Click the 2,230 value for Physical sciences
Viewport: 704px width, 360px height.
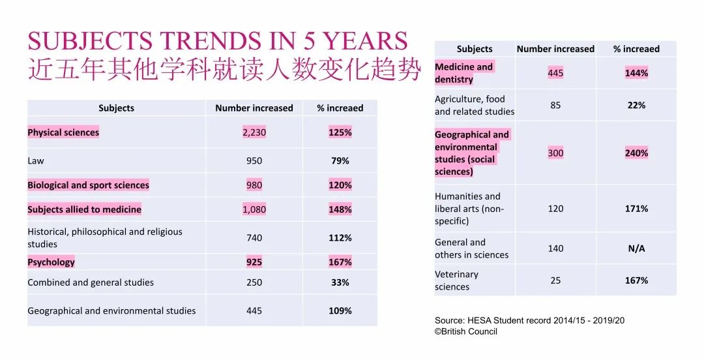(x=254, y=132)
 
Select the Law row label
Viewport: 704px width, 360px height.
(x=36, y=160)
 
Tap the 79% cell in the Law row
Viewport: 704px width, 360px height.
(x=340, y=160)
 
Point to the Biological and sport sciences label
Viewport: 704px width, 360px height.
(x=88, y=185)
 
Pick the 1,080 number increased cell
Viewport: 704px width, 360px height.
(x=254, y=209)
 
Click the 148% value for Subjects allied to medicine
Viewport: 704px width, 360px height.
(x=340, y=209)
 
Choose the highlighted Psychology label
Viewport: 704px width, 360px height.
(x=51, y=262)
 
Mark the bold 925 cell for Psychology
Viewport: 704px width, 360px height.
(x=254, y=262)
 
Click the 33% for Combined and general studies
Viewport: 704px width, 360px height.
(x=340, y=282)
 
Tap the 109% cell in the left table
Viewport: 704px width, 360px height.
(x=340, y=311)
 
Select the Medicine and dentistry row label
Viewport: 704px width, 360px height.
(x=463, y=73)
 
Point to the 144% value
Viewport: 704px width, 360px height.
(x=636, y=73)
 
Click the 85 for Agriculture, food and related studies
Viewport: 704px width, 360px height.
(x=555, y=105)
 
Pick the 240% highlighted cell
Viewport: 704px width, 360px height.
(x=636, y=153)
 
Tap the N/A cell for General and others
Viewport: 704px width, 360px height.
(x=636, y=248)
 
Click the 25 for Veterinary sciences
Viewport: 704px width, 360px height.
(x=555, y=280)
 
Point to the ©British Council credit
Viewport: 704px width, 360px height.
(x=466, y=331)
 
